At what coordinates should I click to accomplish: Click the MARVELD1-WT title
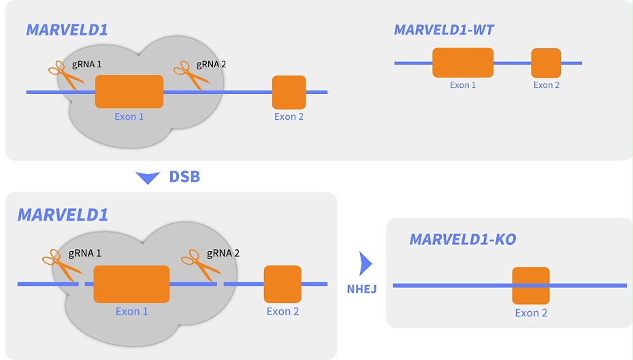click(444, 30)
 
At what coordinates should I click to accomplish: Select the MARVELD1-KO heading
click(462, 240)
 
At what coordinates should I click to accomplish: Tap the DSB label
click(184, 178)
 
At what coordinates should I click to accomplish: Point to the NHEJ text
click(361, 289)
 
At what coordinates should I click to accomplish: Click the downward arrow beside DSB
click(148, 178)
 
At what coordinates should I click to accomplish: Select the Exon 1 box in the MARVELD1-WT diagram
click(463, 63)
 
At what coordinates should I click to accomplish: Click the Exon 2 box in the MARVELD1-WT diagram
click(546, 63)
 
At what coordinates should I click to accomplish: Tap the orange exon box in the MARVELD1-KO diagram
click(531, 285)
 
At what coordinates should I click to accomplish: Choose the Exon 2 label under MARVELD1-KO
click(531, 313)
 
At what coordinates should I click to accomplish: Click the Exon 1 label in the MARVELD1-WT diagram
click(463, 85)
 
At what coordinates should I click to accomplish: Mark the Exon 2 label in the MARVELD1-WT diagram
click(547, 85)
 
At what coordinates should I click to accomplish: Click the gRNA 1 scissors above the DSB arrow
click(65, 73)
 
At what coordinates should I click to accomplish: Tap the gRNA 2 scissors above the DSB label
click(191, 73)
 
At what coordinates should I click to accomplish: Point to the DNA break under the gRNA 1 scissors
click(82, 284)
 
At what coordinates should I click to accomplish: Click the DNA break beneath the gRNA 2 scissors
click(220, 284)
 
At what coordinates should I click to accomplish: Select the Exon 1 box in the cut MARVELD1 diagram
click(131, 284)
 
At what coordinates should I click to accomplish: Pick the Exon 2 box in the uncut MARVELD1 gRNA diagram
click(289, 92)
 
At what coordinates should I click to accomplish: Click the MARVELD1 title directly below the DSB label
click(63, 215)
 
